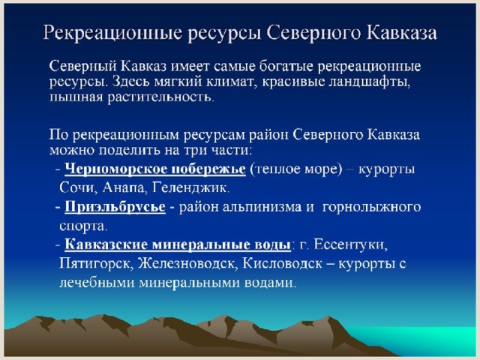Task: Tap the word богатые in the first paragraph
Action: [286, 66]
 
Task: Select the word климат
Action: [231, 82]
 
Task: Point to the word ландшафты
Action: [369, 82]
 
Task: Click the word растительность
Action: [160, 97]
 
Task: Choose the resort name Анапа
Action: [125, 187]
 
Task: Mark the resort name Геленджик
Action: [190, 187]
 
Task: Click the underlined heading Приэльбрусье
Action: [115, 207]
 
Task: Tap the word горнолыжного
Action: [372, 207]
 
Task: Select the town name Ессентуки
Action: [351, 244]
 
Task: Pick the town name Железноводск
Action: [188, 263]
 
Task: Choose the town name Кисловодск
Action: [282, 263]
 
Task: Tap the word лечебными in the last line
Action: [97, 282]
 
